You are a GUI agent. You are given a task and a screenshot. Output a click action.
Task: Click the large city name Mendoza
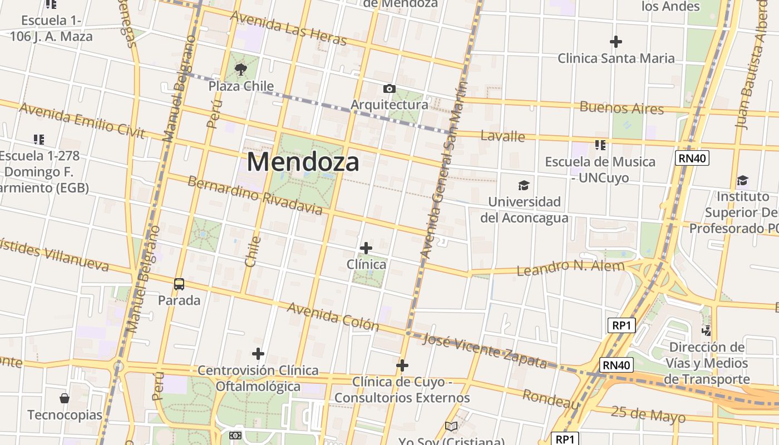[303, 162]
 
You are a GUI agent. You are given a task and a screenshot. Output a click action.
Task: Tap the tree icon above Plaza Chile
[241, 70]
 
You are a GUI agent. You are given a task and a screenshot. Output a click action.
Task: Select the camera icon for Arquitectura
[389, 88]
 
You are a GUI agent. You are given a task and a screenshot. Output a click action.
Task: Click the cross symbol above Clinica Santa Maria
[616, 42]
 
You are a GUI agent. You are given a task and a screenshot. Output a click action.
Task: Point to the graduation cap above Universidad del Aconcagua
[524, 185]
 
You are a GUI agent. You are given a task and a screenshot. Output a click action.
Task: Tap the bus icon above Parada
[179, 284]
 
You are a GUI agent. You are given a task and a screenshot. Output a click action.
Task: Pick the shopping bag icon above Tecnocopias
[65, 398]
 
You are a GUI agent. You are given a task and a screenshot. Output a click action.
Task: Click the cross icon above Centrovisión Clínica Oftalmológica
[258, 354]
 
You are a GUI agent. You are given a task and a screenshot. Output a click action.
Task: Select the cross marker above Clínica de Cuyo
[402, 365]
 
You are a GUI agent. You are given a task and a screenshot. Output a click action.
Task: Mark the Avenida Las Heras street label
[288, 28]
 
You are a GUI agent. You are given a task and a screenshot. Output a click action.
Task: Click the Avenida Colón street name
[333, 317]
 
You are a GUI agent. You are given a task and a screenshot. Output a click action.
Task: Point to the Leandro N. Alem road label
[570, 268]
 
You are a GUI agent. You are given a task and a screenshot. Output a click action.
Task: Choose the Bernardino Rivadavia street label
[255, 195]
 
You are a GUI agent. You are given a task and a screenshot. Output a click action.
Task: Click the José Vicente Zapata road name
[485, 350]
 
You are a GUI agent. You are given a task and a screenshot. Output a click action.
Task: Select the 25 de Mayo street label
[648, 414]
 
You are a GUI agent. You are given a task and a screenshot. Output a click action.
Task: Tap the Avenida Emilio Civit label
[82, 120]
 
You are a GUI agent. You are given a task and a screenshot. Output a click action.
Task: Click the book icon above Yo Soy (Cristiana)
[451, 427]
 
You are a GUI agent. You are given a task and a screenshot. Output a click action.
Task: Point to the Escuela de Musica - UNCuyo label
[600, 169]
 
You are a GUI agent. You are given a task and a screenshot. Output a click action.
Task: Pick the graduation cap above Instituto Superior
[742, 180]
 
